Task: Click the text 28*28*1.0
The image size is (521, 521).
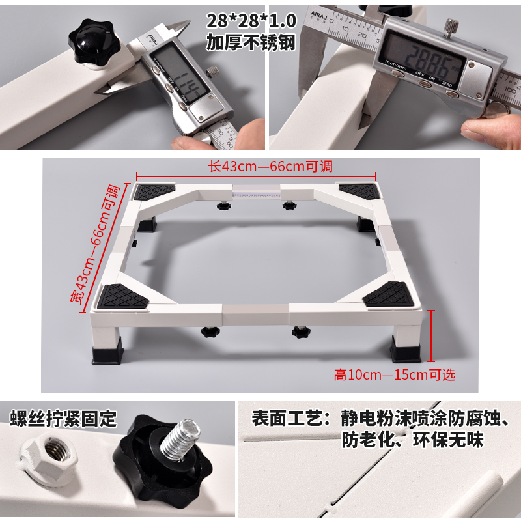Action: click(251, 20)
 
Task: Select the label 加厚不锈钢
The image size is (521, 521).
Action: click(251, 42)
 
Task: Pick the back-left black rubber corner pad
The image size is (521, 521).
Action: click(155, 191)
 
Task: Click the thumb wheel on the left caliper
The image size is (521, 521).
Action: click(212, 71)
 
